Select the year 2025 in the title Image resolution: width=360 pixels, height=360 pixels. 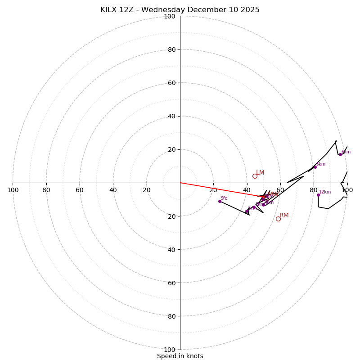tap(250, 10)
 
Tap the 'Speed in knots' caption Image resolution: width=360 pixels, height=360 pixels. tap(180, 356)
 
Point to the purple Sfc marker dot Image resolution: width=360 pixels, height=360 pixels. tap(220, 201)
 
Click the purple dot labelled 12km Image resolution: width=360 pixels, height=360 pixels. tap(318, 195)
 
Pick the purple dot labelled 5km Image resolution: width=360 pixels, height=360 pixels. tap(315, 167)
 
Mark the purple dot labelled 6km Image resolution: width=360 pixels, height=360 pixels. tap(340, 154)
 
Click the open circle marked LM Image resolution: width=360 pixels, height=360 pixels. tap(255, 176)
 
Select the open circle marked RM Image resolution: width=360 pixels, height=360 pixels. tap(278, 219)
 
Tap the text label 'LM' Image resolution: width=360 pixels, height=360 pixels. tap(260, 173)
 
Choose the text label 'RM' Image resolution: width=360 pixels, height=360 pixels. tap(284, 216)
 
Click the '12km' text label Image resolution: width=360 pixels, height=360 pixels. tap(325, 192)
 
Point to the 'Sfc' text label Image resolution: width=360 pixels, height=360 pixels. tap(224, 198)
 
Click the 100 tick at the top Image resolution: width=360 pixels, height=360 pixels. tap(170, 17)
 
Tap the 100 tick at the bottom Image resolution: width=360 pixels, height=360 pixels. tap(170, 350)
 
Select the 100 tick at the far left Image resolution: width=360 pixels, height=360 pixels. tap(13, 190)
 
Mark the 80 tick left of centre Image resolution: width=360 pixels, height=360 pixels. tap(46, 190)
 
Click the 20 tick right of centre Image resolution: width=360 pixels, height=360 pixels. tap(213, 190)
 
